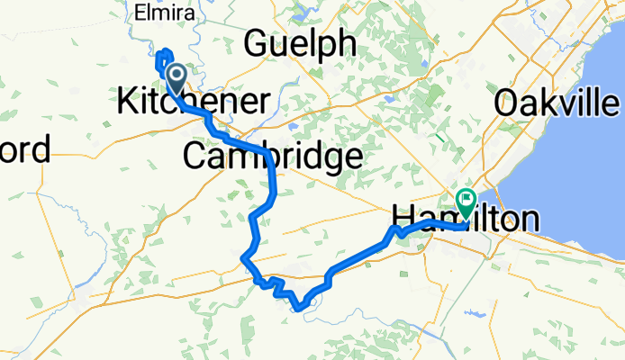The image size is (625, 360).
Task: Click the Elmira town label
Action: pos(159,13)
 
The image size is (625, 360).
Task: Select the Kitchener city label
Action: pos(193,101)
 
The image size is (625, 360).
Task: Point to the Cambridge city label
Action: pos(272,157)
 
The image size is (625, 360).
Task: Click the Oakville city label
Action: pos(558,102)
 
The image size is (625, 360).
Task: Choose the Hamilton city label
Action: pos(466,219)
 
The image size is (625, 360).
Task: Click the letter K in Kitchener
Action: pos(127,101)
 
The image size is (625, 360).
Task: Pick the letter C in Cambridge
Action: pos(195,157)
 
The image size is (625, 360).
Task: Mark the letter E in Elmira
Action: pos(139,13)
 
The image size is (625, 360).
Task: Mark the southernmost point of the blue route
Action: pos(299,310)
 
